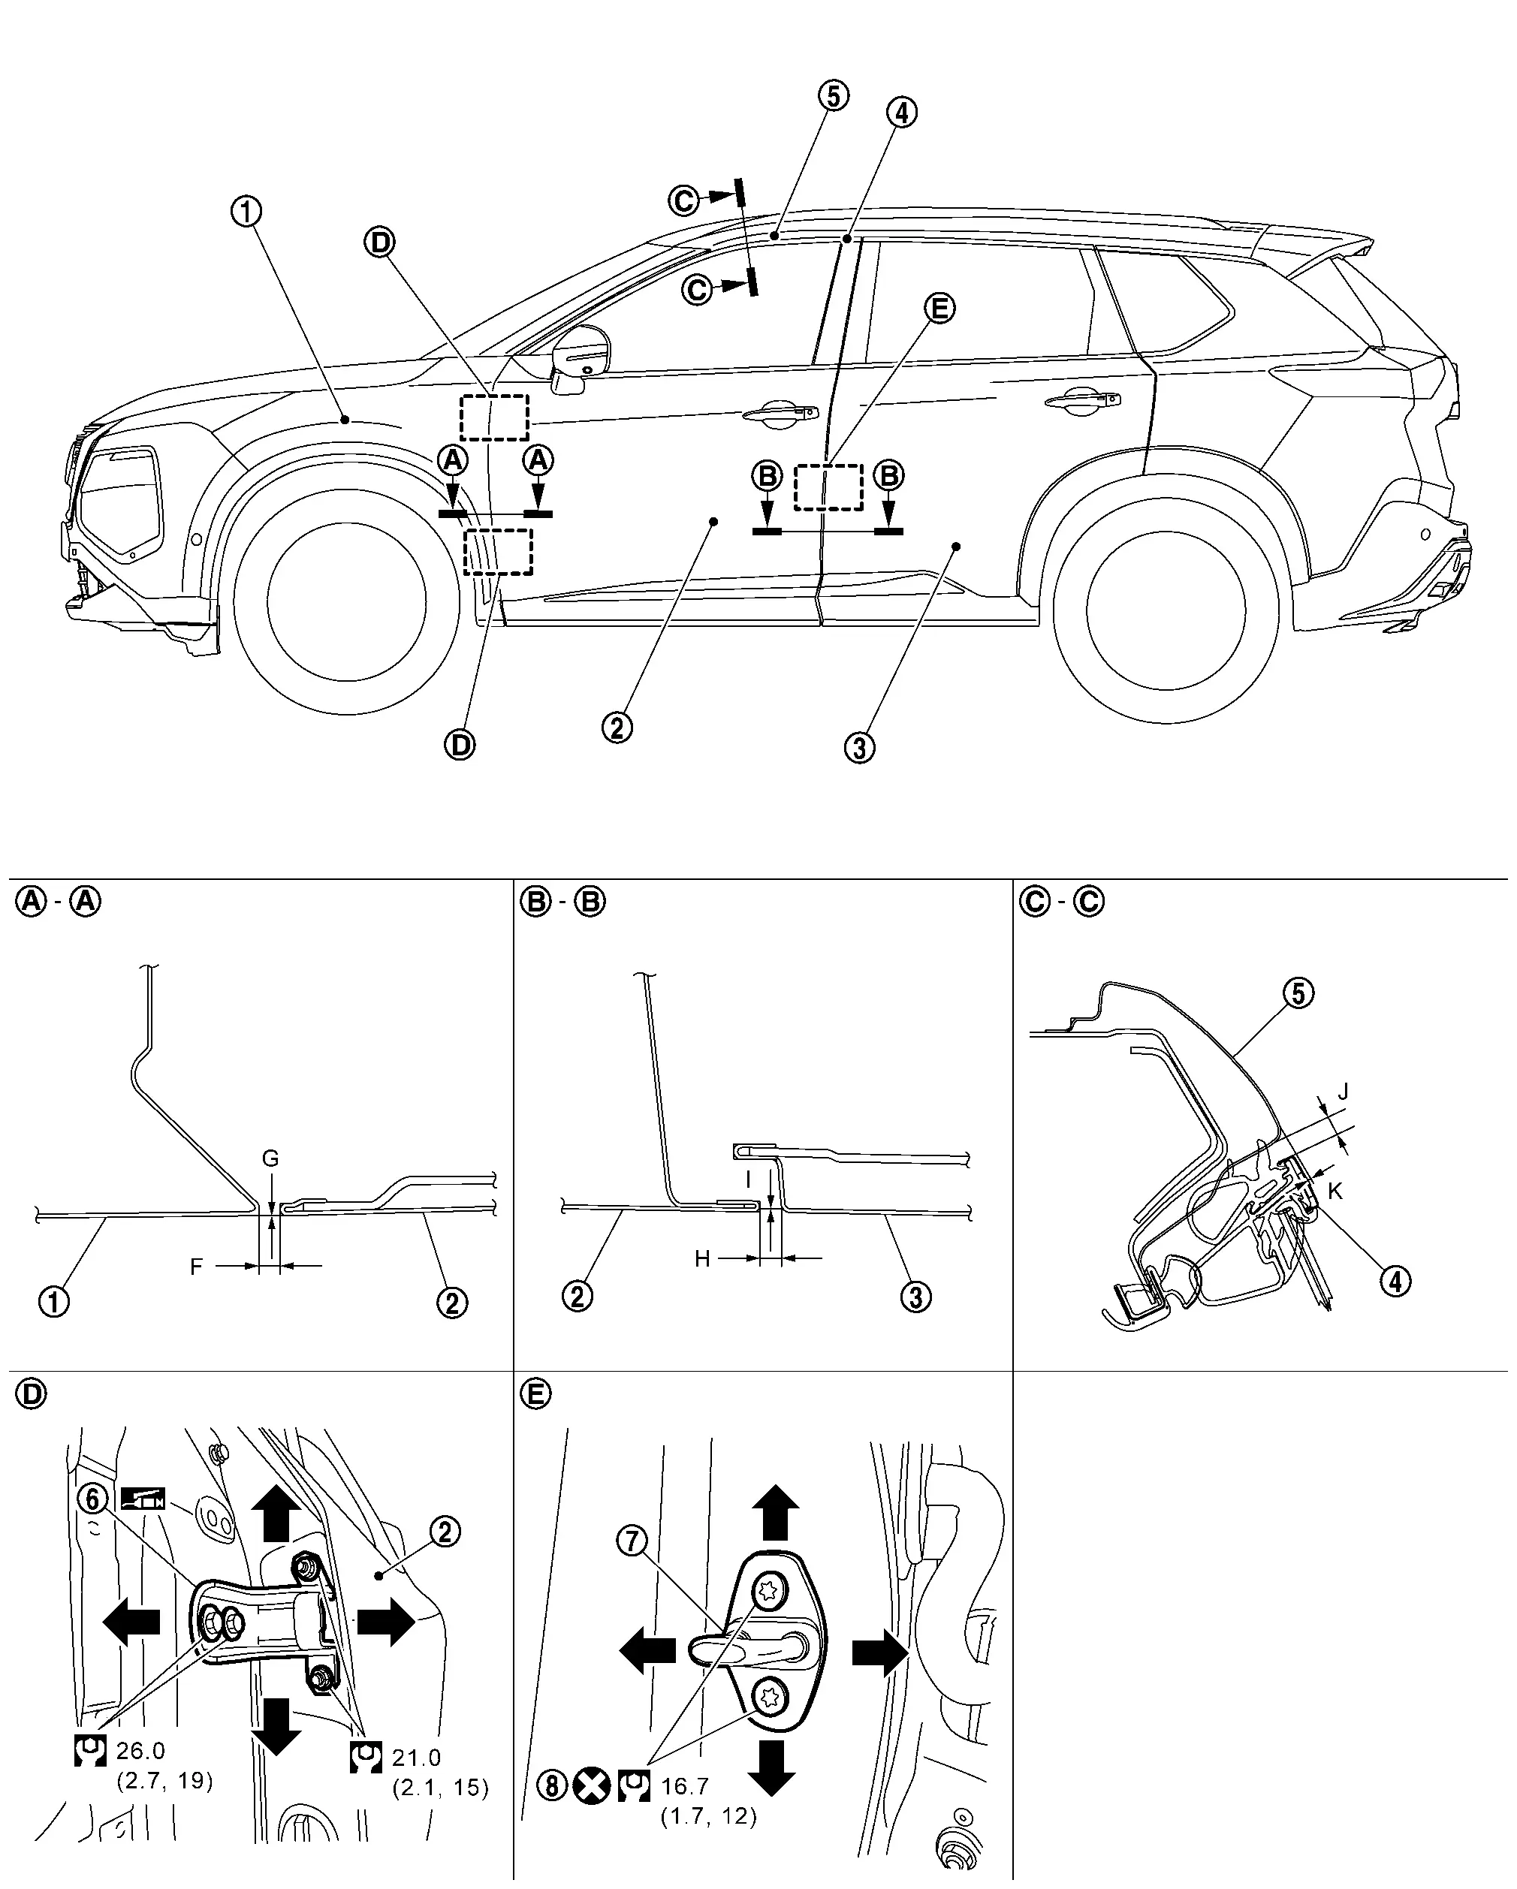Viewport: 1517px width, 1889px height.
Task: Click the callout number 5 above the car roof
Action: pos(834,95)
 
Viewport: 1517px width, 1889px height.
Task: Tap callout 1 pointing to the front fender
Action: pos(247,211)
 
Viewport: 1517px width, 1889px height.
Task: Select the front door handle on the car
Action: pos(775,415)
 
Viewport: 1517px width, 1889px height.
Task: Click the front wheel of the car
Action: pos(347,604)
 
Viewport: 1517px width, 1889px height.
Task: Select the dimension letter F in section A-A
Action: pos(196,1266)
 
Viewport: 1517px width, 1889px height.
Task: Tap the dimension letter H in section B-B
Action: pos(702,1259)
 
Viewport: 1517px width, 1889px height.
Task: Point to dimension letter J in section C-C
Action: pos(1343,1092)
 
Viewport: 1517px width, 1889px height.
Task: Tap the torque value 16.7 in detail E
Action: pos(684,1785)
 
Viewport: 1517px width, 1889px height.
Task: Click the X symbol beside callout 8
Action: pos(592,1785)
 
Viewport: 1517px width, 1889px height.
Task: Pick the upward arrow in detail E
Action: pos(775,1511)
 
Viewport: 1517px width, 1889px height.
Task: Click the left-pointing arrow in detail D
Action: pos(131,1622)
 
